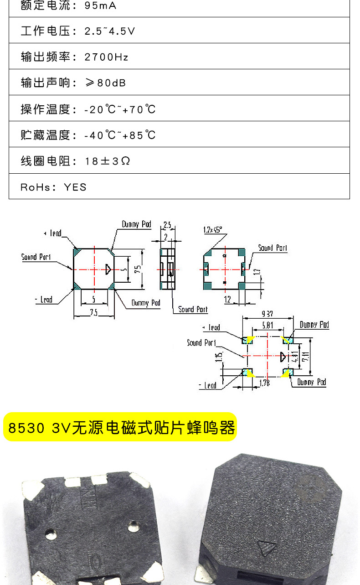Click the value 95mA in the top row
pos(101,6)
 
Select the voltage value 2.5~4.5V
pos(110,31)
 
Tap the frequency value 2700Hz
pos(107,57)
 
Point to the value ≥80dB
pos(105,83)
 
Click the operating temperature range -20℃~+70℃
pos(120,109)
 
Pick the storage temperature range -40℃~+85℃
pos(120,135)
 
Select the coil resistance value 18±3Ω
pos(108,161)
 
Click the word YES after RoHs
pos(75,187)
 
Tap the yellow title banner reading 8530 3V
pos(120,427)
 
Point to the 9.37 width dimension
pos(267,314)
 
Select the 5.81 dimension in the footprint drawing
pos(267,325)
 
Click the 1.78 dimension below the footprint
pos(264,383)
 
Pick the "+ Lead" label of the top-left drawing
pos(53,233)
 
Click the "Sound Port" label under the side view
pos(193,310)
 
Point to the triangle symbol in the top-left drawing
pos(108,269)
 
